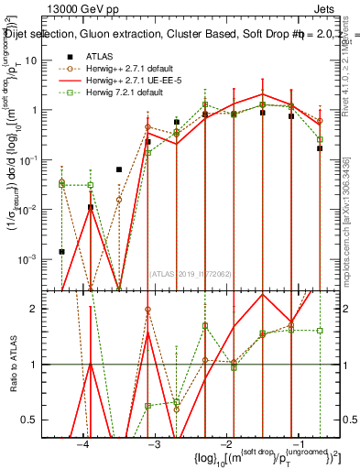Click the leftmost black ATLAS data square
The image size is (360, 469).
[x=62, y=251]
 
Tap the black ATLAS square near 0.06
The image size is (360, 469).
[x=119, y=169]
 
